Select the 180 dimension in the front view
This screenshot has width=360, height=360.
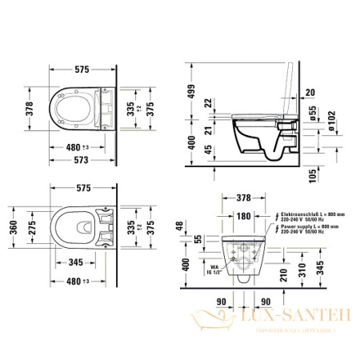[243, 215]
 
